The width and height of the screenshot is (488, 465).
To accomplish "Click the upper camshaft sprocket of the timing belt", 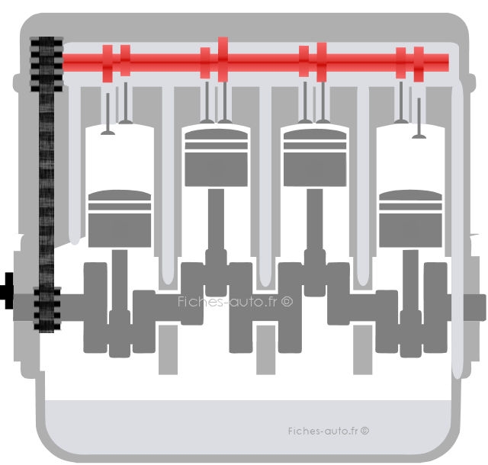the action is [x=47, y=65].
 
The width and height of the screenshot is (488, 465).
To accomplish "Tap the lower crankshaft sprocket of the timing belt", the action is [x=47, y=309].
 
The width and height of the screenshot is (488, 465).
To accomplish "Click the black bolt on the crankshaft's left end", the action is [x=7, y=290].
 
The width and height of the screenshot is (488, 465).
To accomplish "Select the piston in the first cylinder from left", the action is [x=120, y=219].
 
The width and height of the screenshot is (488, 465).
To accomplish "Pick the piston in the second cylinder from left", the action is [x=217, y=158].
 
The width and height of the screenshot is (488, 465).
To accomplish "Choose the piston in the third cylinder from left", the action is [x=315, y=158].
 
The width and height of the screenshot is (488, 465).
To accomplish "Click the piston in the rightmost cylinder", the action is [x=410, y=219].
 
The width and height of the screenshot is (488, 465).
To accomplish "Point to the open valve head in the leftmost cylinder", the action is [x=108, y=133].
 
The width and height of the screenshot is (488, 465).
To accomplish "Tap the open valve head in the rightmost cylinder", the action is [x=419, y=136].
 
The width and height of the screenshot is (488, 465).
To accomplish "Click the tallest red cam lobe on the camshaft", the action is [x=223, y=59].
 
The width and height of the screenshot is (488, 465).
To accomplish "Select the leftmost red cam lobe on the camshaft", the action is [x=108, y=63].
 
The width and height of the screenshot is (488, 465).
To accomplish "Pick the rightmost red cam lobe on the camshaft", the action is [x=419, y=64].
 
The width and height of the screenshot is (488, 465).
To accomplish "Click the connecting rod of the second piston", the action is [x=216, y=242].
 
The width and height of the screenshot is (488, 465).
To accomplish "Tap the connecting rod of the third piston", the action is [x=315, y=242].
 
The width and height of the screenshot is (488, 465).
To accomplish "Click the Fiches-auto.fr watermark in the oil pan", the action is [x=329, y=431].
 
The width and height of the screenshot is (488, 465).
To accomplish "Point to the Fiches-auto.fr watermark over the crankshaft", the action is [x=236, y=302].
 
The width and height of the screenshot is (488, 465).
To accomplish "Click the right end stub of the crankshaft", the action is [x=475, y=308].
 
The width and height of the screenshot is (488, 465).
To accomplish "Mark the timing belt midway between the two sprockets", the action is [x=47, y=190].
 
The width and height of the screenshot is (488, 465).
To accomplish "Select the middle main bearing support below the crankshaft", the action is [x=266, y=350].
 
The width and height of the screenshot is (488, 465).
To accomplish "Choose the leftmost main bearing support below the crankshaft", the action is [x=168, y=350].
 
